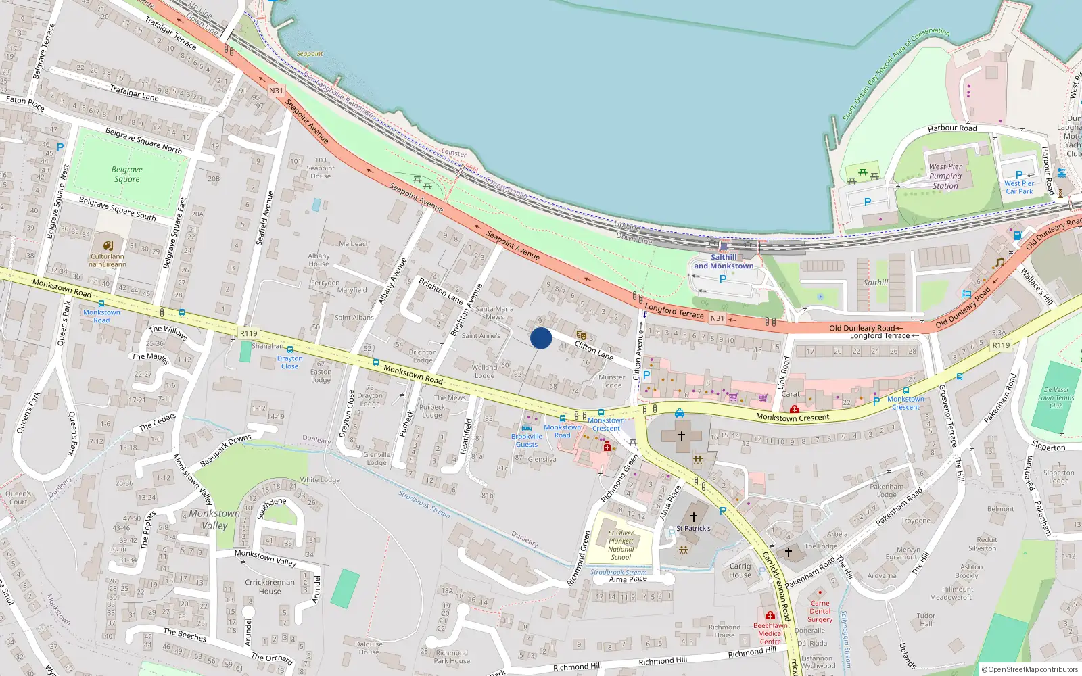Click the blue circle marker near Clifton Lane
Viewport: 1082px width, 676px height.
(x=541, y=338)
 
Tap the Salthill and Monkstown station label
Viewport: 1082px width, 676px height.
(x=724, y=262)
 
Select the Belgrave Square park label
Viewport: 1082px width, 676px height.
(x=127, y=174)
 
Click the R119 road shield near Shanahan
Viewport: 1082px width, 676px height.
(x=249, y=333)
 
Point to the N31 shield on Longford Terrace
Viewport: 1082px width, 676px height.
(x=717, y=318)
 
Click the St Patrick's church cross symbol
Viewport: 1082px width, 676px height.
(x=693, y=517)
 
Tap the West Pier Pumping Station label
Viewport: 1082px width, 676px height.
(x=945, y=176)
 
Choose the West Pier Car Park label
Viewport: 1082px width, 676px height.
(x=1018, y=187)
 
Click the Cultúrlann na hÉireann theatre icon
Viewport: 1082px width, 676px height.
(x=108, y=246)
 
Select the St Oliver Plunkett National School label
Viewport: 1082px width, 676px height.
(x=621, y=545)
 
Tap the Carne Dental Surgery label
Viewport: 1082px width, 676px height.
(x=820, y=611)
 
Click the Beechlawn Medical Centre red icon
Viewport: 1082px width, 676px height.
(x=770, y=615)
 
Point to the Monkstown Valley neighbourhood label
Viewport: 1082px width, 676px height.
(x=214, y=519)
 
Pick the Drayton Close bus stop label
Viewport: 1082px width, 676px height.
(x=289, y=362)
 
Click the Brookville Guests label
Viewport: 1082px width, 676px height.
(x=527, y=440)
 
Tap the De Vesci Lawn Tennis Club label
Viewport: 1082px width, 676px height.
(x=1056, y=397)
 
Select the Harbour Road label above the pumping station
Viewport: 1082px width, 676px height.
(x=952, y=128)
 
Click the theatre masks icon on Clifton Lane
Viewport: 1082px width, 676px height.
(x=581, y=335)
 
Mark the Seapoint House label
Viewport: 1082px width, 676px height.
(x=321, y=172)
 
